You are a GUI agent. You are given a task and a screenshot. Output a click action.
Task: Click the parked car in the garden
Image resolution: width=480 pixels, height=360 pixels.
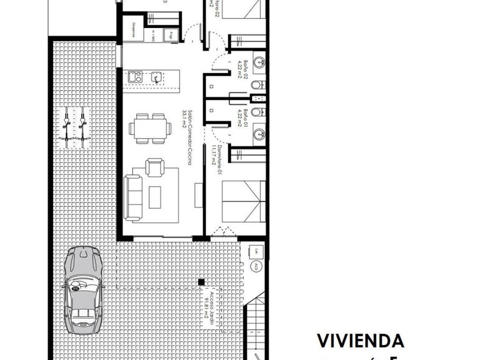tap(82, 290)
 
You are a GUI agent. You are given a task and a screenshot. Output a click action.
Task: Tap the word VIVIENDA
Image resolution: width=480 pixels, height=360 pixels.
tap(361, 341)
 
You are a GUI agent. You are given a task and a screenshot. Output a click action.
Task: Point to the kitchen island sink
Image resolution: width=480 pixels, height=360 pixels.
tap(156, 77)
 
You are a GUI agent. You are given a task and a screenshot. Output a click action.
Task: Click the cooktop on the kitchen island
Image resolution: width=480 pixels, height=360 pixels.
tap(133, 77)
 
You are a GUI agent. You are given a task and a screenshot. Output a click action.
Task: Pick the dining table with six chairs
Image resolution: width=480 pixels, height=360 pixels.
tap(150, 128)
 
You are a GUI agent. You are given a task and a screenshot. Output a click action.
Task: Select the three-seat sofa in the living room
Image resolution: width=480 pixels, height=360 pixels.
tap(133, 197)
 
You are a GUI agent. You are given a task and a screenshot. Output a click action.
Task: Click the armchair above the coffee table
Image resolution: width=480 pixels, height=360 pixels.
tap(154, 168)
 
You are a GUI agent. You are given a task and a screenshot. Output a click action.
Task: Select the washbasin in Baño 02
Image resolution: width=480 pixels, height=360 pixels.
tap(259, 62)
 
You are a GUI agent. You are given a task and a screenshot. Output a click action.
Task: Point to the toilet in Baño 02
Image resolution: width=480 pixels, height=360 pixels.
tap(256, 85)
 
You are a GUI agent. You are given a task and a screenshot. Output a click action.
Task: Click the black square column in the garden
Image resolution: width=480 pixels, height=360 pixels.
tap(201, 282)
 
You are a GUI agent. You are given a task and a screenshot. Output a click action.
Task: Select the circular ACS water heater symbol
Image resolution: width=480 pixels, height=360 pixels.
tap(257, 266)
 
